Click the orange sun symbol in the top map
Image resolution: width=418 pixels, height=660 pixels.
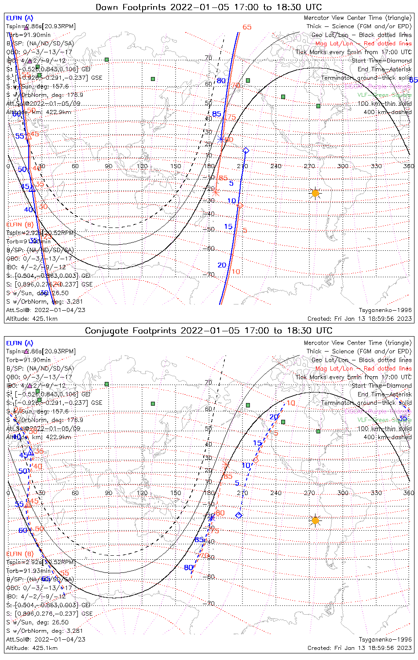click(x=315, y=193)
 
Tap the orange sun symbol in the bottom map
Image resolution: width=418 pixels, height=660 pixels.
click(x=315, y=521)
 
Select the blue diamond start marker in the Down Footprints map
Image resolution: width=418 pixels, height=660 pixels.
click(x=246, y=151)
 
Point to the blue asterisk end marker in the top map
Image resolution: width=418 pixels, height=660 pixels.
click(x=221, y=139)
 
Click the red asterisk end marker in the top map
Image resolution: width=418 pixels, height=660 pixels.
click(x=215, y=192)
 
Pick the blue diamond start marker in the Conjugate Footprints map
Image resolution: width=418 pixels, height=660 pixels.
click(x=239, y=515)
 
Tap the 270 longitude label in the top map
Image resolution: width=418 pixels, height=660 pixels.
click(x=309, y=166)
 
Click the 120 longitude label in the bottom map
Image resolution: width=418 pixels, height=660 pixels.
click(x=142, y=493)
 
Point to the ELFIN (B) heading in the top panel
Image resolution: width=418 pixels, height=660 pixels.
click(x=20, y=224)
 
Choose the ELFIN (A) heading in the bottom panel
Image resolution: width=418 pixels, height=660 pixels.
click(x=20, y=343)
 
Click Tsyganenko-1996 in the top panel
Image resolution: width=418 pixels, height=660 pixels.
click(x=385, y=310)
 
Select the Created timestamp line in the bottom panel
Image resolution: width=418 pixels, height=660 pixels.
click(x=359, y=648)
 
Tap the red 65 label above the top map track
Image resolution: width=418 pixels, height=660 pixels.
click(x=247, y=27)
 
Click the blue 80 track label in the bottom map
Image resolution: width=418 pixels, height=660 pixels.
click(x=188, y=568)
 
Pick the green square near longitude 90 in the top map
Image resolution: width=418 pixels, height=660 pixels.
click(x=106, y=59)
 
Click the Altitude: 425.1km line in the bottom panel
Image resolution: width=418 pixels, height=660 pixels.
click(x=32, y=648)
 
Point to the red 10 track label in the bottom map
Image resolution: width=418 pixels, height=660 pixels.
click(x=291, y=403)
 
